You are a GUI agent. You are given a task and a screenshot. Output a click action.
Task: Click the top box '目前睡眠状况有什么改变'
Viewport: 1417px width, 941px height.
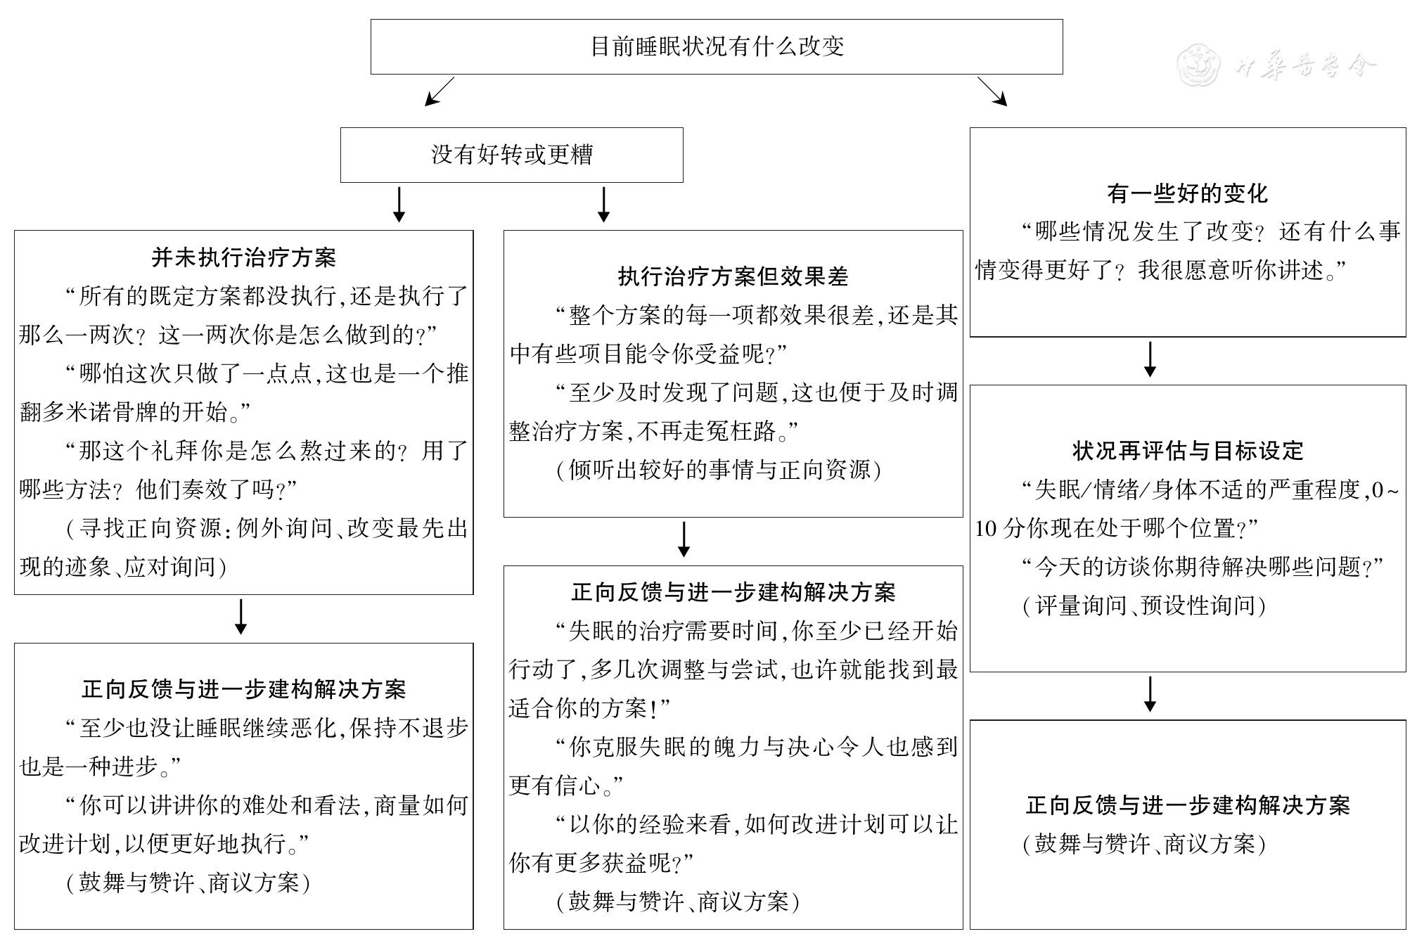[716, 46]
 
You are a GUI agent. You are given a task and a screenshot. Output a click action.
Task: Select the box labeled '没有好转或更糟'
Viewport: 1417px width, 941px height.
[511, 155]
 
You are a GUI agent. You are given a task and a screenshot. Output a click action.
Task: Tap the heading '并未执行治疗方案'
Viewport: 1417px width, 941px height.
[243, 257]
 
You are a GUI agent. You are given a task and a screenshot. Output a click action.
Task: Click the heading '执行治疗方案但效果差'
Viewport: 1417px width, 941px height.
[733, 277]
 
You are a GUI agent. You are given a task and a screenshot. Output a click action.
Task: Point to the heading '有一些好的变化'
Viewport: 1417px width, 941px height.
[1187, 193]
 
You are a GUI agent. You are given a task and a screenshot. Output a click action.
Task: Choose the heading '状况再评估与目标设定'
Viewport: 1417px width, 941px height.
[1188, 451]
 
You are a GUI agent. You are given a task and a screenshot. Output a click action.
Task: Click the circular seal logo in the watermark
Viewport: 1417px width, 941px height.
[1199, 65]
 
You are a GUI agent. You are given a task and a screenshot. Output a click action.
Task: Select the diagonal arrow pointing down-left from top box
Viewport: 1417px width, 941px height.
[439, 91]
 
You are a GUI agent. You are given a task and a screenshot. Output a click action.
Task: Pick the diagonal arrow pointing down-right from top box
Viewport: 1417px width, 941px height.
[992, 91]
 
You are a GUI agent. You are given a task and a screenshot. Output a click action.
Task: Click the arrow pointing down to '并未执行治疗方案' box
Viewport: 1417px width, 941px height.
[399, 205]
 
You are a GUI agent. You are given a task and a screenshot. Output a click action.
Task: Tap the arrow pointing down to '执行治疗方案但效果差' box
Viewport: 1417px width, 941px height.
[603, 205]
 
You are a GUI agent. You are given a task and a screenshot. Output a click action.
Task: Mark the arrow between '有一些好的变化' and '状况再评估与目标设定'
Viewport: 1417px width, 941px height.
[1150, 359]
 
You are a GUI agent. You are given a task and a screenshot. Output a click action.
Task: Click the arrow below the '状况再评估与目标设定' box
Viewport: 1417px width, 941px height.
[1150, 694]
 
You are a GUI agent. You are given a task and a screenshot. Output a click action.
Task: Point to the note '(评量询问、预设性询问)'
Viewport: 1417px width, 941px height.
[1144, 606]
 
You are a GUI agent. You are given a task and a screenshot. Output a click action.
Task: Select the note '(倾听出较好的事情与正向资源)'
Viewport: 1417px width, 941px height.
[718, 470]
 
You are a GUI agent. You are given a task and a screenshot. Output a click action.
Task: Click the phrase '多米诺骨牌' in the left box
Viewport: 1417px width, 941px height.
[100, 412]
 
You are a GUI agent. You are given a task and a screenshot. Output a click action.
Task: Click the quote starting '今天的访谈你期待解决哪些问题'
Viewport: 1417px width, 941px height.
[1203, 567]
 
